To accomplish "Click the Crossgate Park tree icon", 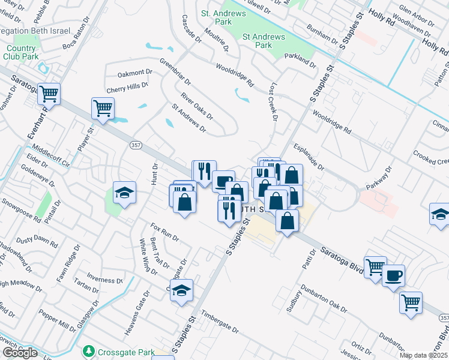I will click(x=89, y=350).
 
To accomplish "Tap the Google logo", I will click(x=20, y=352).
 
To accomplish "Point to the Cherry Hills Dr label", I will click(x=127, y=87).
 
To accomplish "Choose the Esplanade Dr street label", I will click(x=309, y=157).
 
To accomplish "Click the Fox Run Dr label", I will click(x=164, y=232).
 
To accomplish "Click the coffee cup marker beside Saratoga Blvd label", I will click(x=393, y=277).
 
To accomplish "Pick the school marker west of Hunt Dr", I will click(x=125, y=193).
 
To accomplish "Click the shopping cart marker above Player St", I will click(x=103, y=109).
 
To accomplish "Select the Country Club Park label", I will click(x=22, y=53).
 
